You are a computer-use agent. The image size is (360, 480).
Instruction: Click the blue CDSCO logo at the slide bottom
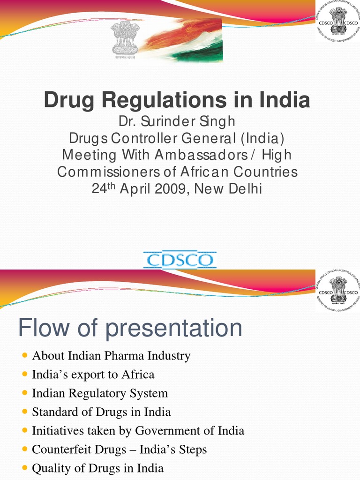[180, 260]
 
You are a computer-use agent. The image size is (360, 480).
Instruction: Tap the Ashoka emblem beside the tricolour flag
[124, 40]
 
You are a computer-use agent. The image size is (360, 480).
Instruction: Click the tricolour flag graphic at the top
[187, 40]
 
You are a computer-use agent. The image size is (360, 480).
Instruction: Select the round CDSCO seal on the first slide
[338, 21]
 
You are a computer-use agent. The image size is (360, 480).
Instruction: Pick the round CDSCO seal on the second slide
[338, 291]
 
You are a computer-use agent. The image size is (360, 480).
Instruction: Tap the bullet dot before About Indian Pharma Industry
[25, 356]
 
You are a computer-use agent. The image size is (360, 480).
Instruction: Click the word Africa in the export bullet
[138, 375]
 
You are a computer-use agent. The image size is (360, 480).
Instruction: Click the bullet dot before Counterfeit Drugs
[25, 450]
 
